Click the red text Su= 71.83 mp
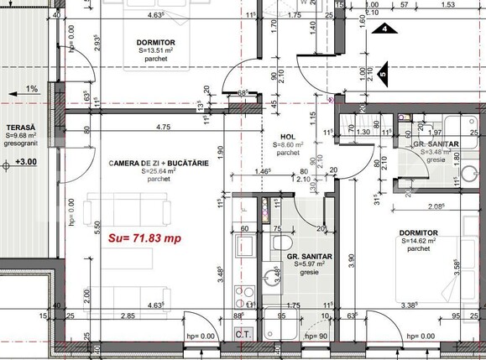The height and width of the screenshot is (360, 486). (x=145, y=239)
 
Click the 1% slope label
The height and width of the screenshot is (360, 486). (x=32, y=88)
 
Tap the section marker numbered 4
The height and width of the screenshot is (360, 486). (x=384, y=29)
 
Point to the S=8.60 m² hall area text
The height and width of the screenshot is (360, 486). (x=288, y=144)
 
